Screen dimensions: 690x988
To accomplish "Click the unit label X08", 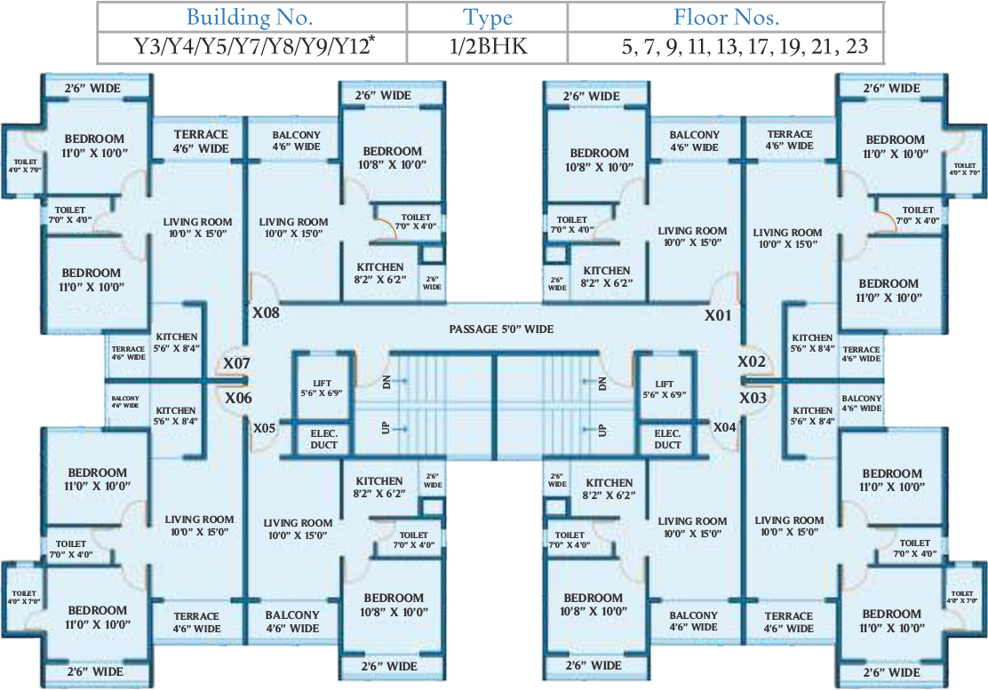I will (266, 313).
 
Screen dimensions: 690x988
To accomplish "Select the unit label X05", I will (265, 428).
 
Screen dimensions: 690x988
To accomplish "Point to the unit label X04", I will (724, 427).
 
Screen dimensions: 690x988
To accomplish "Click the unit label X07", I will (236, 363).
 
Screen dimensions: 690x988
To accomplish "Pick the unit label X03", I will (752, 397).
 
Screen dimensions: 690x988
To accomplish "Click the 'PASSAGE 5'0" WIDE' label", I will (502, 329).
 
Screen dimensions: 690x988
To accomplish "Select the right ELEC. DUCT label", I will (667, 439).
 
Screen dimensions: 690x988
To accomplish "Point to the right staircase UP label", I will (602, 429).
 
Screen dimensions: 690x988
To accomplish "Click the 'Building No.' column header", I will (250, 16).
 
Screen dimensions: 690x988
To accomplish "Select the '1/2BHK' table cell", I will (488, 46).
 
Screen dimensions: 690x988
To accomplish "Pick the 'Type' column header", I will (488, 16).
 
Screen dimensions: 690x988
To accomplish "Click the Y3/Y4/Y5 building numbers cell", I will (250, 46).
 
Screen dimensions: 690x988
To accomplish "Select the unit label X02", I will (752, 362).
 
